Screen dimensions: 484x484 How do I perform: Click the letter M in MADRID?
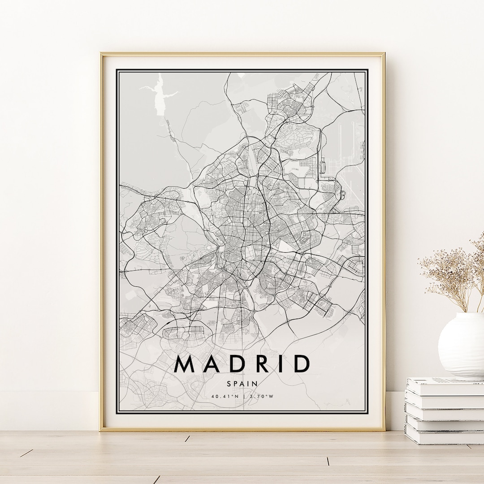point(185,364)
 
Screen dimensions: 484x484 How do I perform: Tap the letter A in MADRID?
point(211,364)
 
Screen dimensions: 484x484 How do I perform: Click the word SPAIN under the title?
point(242,384)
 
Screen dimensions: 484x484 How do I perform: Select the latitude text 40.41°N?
point(225,396)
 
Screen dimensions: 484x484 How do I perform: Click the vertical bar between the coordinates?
point(242,396)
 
